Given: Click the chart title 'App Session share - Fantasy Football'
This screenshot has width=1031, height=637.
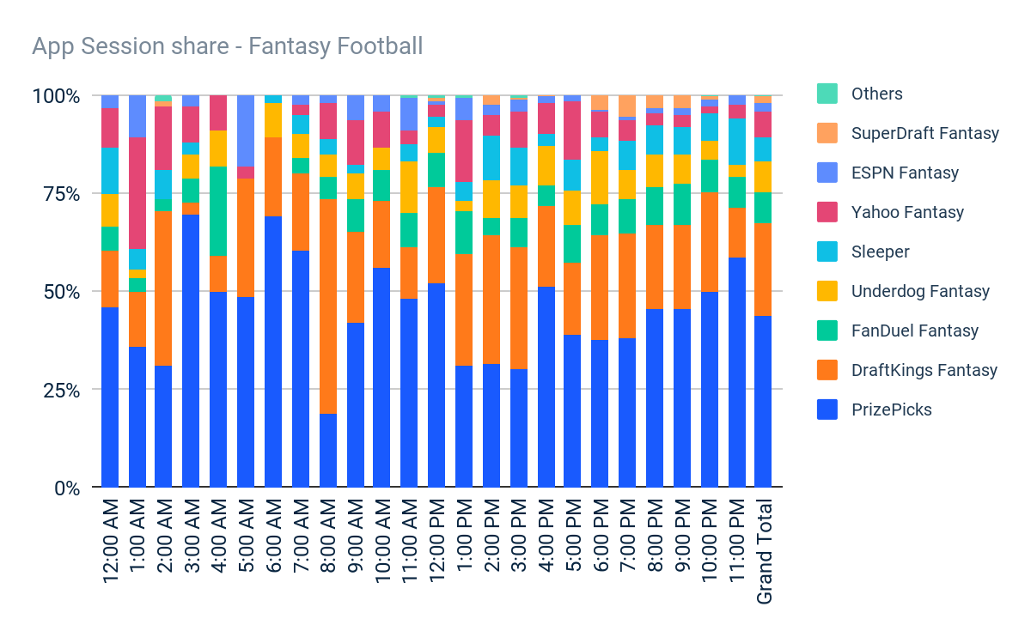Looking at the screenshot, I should [x=227, y=45].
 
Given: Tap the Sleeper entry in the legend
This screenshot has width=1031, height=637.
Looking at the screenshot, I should [x=880, y=252].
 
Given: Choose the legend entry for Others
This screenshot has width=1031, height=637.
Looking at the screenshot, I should [x=876, y=94].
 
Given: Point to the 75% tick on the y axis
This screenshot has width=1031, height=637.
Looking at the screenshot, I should [x=55, y=194].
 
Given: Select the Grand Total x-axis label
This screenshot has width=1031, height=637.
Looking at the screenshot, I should [x=764, y=550].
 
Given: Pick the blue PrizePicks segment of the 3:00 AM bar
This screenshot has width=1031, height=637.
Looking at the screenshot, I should [x=192, y=351].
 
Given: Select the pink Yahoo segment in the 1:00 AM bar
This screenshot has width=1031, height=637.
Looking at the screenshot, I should [x=137, y=193].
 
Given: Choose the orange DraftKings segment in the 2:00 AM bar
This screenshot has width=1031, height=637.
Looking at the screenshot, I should [x=164, y=288].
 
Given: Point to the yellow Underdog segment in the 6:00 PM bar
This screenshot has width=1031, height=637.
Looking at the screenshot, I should [x=600, y=177].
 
